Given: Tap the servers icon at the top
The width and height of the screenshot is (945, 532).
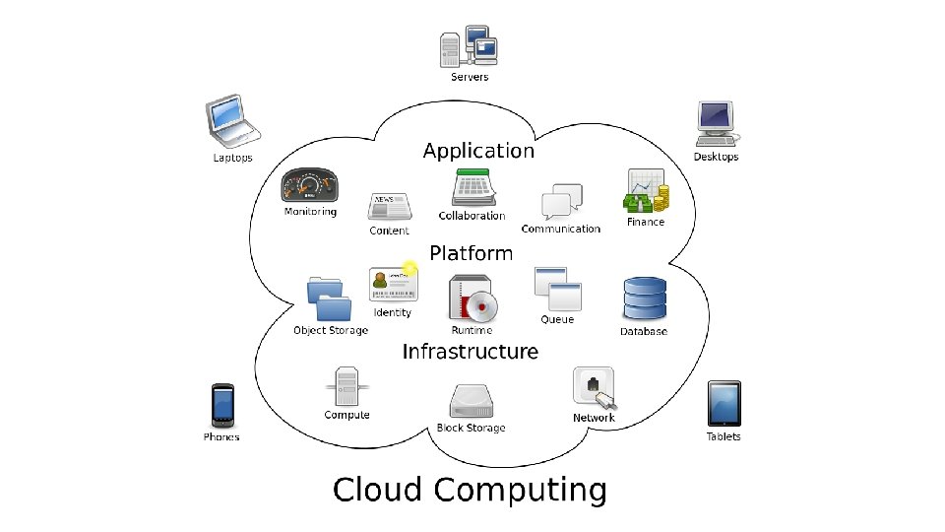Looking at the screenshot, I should coord(469,46).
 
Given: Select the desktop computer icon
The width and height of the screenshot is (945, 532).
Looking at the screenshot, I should coord(716,124).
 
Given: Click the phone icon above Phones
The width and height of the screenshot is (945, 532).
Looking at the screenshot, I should coord(221,405).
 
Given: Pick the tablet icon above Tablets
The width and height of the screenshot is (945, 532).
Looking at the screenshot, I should coord(724,403).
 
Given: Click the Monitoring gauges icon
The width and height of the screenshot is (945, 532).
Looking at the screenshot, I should coord(310,184).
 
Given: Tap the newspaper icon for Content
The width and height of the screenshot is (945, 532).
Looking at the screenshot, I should coord(389,207).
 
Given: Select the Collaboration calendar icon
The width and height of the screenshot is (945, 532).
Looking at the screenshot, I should coord(472,187).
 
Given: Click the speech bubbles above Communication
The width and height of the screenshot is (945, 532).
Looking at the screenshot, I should coord(558,202).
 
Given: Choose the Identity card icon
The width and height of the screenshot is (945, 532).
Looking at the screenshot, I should coord(393,285).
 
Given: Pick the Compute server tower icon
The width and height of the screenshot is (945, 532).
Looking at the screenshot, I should coord(346,386).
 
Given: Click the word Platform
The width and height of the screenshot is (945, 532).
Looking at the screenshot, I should coord(471,253).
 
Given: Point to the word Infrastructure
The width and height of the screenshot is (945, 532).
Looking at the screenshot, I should coord(471,352).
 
